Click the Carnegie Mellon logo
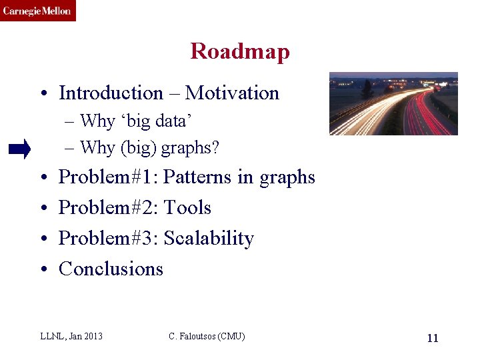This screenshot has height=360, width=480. (37, 11)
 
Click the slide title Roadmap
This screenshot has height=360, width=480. (240, 51)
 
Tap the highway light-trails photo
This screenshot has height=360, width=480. (393, 103)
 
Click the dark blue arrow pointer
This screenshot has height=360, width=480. (19, 150)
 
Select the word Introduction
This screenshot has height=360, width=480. (111, 93)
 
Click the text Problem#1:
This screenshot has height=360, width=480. (108, 177)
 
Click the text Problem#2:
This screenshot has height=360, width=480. (108, 208)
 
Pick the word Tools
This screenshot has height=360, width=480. (187, 208)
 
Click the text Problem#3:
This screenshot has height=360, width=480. (108, 239)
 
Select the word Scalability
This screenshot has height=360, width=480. (209, 239)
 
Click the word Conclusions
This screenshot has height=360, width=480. (111, 269)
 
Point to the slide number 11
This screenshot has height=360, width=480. (432, 338)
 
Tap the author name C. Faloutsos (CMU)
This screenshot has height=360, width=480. (207, 336)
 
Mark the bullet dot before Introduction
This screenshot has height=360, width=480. (41, 94)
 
